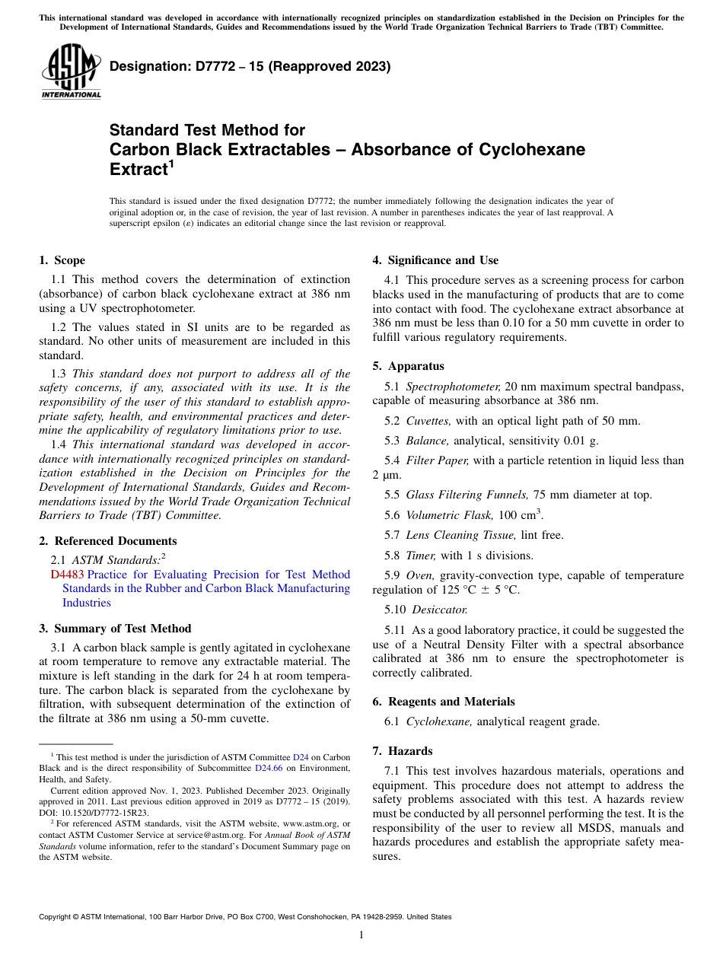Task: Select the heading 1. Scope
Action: [x=62, y=260]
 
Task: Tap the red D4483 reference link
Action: [x=67, y=575]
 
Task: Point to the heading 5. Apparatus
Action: [x=408, y=366]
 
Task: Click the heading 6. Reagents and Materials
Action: [x=444, y=702]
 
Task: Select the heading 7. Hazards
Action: [x=403, y=751]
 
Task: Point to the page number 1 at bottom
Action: [x=361, y=935]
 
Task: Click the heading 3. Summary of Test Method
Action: [x=115, y=629]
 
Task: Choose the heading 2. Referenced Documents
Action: [x=108, y=541]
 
